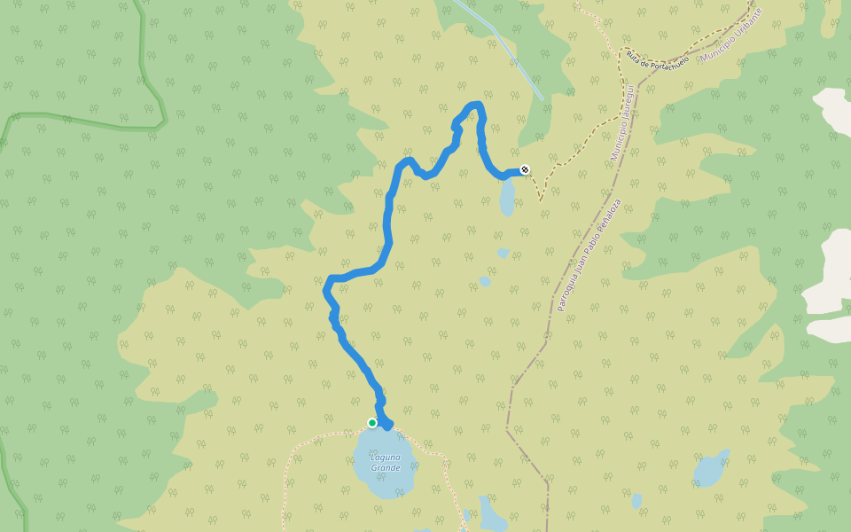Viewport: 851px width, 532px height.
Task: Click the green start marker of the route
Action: tap(372, 423)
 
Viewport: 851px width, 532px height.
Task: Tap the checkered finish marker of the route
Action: tap(526, 169)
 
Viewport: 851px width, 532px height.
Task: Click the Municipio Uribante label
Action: tap(731, 36)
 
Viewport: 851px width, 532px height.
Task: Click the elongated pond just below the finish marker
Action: tap(507, 199)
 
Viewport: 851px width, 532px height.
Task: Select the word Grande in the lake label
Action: tap(386, 468)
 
